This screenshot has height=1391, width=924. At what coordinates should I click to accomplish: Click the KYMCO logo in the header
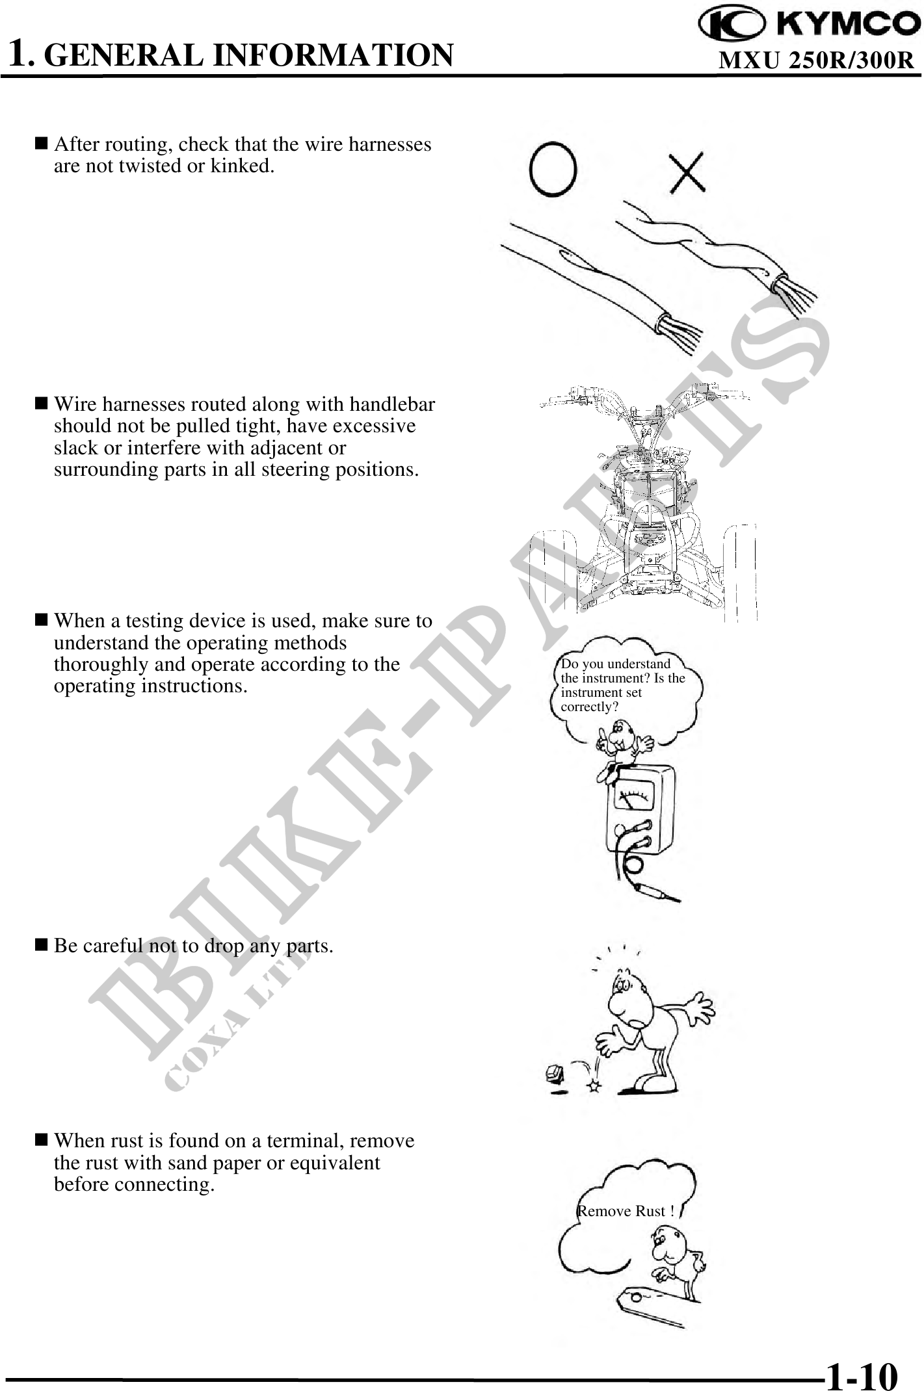pos(809,25)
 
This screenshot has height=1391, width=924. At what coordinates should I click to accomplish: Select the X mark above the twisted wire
pos(688,172)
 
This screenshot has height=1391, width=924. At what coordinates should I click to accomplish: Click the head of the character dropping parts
pos(627,1001)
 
